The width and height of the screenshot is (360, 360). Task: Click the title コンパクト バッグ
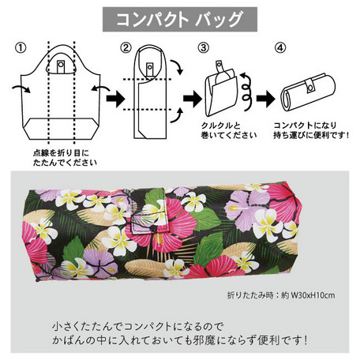pyautogui.click(x=179, y=20)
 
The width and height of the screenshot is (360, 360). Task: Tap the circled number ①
pyautogui.click(x=21, y=48)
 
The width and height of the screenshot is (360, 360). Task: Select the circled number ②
pyautogui.click(x=126, y=48)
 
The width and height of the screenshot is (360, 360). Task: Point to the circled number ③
pyautogui.click(x=203, y=48)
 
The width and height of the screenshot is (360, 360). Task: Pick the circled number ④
pyautogui.click(x=280, y=48)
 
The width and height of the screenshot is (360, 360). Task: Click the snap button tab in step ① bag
pyautogui.click(x=61, y=66)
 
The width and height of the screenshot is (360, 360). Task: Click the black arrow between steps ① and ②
pyautogui.click(x=115, y=99)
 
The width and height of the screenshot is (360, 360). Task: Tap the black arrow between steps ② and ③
pyautogui.click(x=192, y=99)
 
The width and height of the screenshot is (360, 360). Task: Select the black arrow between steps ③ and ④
pyautogui.click(x=265, y=99)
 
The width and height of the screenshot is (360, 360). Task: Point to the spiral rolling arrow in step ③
pyautogui.click(x=247, y=92)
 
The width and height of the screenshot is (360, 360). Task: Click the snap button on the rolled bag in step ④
pyautogui.click(x=310, y=86)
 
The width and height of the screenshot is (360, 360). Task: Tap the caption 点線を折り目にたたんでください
pyautogui.click(x=65, y=158)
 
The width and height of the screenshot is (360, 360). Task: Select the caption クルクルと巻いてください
pyautogui.click(x=229, y=130)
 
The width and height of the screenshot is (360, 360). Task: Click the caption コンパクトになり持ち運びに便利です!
pyautogui.click(x=311, y=130)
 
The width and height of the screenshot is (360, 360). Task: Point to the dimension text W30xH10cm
pyautogui.click(x=313, y=295)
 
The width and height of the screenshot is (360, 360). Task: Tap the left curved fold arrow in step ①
pyautogui.click(x=21, y=88)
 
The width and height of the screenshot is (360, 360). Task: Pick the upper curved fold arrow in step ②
pyautogui.click(x=177, y=67)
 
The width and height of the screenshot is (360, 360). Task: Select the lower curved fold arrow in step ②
pyautogui.click(x=177, y=115)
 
